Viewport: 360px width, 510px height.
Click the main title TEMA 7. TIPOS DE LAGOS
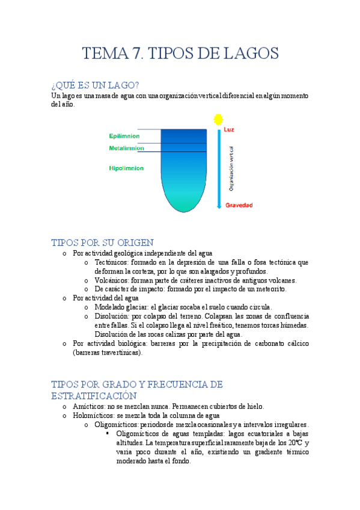[x=180, y=54]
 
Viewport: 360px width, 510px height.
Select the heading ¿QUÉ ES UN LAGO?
[x=96, y=85]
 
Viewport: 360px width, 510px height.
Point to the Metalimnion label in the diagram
[x=126, y=148]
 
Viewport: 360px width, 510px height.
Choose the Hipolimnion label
[x=126, y=168]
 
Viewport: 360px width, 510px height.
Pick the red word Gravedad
[x=239, y=205]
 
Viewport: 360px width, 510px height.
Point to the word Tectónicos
[x=113, y=262]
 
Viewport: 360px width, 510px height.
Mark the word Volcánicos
[x=114, y=280]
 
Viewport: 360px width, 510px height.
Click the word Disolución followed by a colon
[x=112, y=316]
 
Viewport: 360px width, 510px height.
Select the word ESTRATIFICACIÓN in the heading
[x=94, y=396]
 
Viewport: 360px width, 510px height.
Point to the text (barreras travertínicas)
[x=108, y=352]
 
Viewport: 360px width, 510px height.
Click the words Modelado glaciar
[x=121, y=307]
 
